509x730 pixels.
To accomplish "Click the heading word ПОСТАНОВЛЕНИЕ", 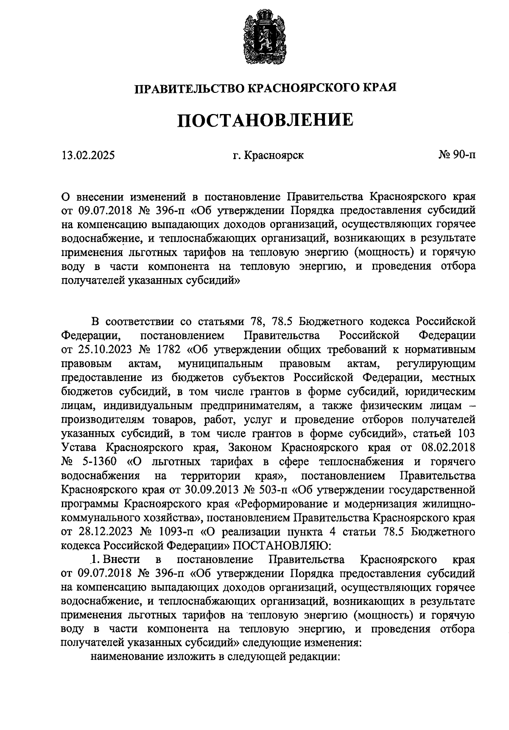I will [x=265, y=120].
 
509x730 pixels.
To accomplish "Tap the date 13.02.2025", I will [x=88, y=156].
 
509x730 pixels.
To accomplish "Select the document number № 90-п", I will [x=457, y=155].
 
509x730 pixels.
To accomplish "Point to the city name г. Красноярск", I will [x=268, y=156].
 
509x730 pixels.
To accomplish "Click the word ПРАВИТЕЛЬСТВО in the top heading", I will [x=189, y=88].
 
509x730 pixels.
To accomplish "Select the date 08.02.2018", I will [x=448, y=447].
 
